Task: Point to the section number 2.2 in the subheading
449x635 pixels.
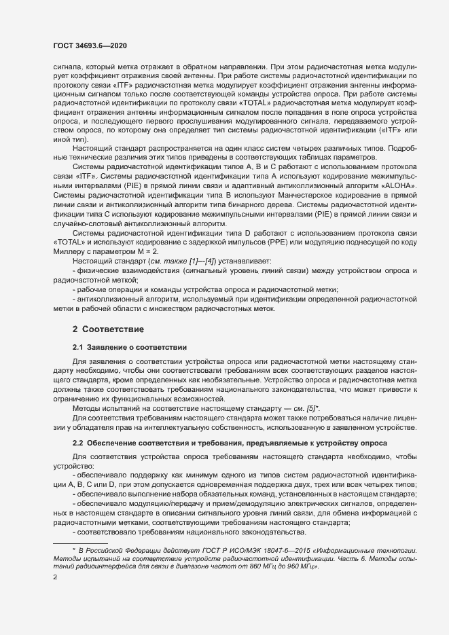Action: pyautogui.click(x=78, y=443)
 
